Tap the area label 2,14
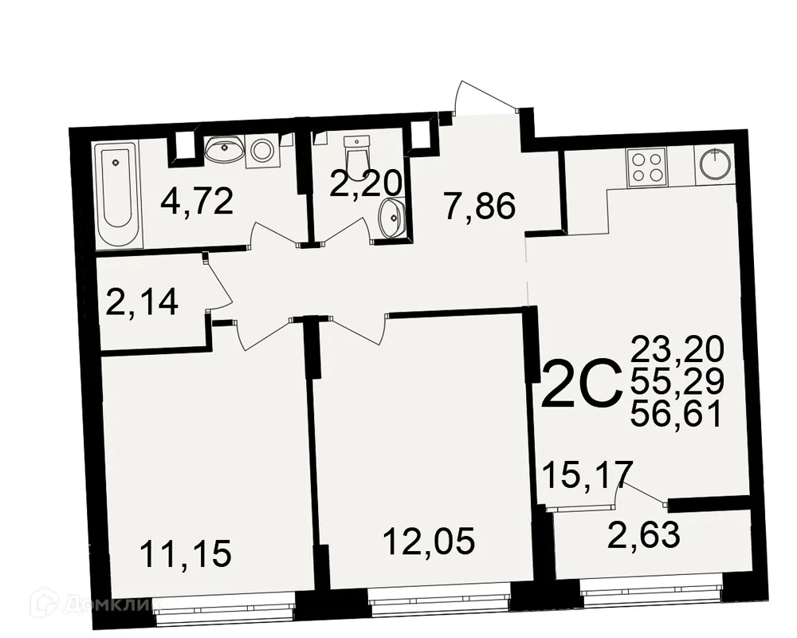point(141,303)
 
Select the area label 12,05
point(429,542)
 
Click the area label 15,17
point(588,475)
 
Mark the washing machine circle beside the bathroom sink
point(262,150)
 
